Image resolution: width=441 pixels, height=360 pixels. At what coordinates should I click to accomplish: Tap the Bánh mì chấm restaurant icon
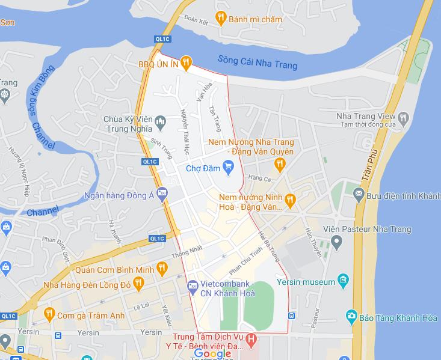click(221, 19)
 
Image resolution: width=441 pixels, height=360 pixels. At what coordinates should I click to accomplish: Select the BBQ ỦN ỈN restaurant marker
click(186, 61)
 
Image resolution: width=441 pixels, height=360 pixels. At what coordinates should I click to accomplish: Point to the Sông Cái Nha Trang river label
click(257, 62)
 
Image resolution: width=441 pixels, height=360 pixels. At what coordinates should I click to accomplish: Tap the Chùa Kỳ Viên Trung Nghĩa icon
click(160, 123)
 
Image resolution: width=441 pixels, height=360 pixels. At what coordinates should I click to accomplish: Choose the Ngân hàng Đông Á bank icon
click(161, 193)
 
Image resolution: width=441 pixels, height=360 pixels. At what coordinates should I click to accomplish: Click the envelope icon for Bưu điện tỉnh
click(359, 194)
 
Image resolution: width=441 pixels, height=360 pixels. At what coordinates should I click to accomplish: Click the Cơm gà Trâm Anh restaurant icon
click(49, 314)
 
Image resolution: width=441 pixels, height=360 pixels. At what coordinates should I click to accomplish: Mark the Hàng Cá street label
click(260, 178)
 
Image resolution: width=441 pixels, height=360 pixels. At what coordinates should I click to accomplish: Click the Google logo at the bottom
click(213, 353)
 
